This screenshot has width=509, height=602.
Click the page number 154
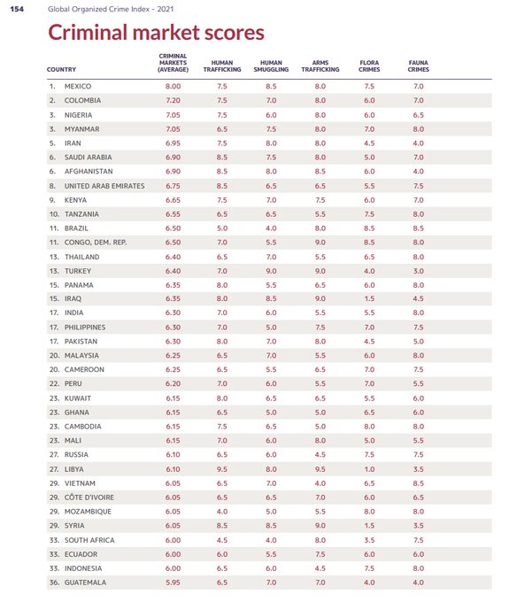(17, 9)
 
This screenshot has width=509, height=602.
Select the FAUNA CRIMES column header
(419, 66)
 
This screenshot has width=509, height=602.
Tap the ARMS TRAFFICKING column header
(320, 66)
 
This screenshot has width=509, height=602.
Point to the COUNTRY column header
(61, 69)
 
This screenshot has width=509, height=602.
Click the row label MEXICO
(78, 87)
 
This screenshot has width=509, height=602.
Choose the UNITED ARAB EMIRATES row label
(104, 186)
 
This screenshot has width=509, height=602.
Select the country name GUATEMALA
(85, 583)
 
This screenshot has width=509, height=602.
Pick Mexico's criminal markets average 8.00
(174, 87)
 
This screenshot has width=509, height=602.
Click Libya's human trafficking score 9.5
(222, 469)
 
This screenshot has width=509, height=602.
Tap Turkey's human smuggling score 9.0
(271, 271)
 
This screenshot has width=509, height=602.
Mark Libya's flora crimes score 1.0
(369, 469)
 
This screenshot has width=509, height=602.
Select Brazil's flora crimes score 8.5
(369, 228)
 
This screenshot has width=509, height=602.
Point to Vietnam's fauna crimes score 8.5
(419, 483)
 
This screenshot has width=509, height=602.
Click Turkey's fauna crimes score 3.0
(419, 271)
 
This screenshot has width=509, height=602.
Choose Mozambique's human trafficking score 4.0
(222, 512)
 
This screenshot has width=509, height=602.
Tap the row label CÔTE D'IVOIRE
(89, 498)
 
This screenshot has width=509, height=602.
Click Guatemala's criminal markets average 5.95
(174, 583)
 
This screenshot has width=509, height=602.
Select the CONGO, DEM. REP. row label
(96, 243)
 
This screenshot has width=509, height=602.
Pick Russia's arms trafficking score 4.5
(320, 454)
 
